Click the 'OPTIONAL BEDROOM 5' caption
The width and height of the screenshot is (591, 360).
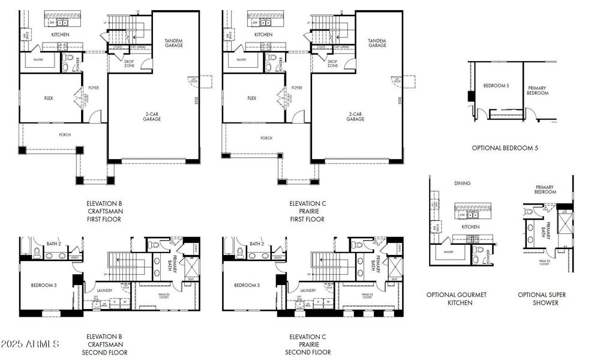[504, 148]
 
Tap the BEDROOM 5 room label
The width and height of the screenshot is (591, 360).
[499, 86]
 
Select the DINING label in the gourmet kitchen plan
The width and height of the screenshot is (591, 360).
[462, 183]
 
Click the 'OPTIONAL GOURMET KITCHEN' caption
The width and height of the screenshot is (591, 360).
[456, 299]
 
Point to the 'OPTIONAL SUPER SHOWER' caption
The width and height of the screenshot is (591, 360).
[542, 299]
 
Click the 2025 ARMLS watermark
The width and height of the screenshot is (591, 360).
[30, 344]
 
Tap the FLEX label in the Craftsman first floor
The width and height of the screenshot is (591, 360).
[49, 98]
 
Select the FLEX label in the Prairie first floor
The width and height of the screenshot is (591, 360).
[252, 98]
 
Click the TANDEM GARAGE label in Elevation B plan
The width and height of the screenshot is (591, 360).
[173, 43]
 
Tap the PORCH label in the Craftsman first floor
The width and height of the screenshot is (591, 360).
[64, 135]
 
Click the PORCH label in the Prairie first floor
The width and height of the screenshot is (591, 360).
[266, 138]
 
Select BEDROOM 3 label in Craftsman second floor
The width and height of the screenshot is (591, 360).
[43, 284]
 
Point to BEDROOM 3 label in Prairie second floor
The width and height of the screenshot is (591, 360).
[247, 284]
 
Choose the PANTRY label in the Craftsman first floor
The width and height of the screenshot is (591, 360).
[38, 60]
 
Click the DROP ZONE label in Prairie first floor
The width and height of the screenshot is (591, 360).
[332, 64]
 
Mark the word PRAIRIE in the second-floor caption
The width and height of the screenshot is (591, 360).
[307, 344]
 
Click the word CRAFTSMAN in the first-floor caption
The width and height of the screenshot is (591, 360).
[104, 211]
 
